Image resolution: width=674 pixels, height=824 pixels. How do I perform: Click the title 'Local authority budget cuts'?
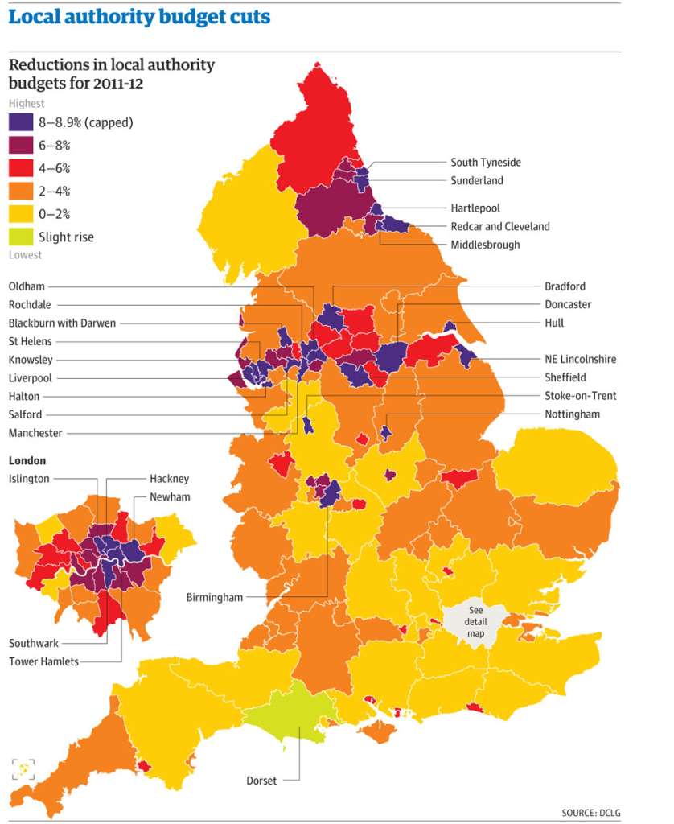139,17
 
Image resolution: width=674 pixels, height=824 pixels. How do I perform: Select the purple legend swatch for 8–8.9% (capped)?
20,122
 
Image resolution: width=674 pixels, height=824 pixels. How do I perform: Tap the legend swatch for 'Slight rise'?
20,237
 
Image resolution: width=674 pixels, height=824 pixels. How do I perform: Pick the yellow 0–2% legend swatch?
20,214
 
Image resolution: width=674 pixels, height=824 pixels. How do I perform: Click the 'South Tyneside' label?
485,163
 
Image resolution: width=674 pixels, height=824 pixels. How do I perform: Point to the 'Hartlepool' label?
475,208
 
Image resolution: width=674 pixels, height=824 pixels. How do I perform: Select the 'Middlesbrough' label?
485,245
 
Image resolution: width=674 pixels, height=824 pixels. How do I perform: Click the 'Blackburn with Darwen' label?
62,323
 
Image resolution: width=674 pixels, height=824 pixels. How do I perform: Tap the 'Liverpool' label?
31,377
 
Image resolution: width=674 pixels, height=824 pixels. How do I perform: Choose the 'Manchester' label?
35,433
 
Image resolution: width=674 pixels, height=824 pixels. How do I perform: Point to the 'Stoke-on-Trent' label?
580,396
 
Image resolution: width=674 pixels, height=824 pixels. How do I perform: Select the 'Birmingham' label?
214,598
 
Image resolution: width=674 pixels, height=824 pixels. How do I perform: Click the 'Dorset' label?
261,781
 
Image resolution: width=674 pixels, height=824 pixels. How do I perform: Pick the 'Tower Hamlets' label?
43,661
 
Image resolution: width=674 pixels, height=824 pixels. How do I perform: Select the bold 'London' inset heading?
27,461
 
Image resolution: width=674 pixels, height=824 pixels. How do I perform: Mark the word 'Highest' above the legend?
27,103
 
